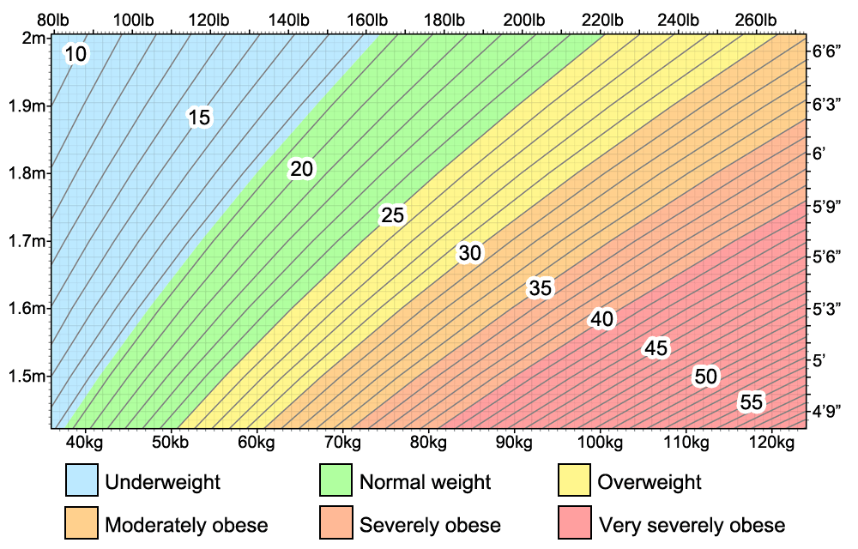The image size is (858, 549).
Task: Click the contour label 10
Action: point(76,55)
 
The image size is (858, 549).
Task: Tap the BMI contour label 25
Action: point(392,215)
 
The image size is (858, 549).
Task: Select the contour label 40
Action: point(601,319)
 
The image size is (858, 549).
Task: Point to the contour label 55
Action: point(751,402)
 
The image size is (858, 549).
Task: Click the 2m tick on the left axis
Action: point(34,38)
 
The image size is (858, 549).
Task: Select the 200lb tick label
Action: point(531,19)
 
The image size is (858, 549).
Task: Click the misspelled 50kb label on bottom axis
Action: point(171,443)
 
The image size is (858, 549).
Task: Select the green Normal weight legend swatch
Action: point(335,481)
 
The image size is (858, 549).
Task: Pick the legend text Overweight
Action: point(650,482)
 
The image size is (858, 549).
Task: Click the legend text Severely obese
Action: point(430,524)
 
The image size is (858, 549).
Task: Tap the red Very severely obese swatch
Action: point(574,523)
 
